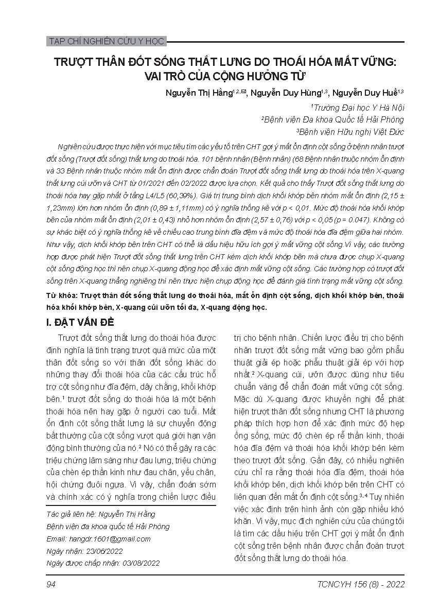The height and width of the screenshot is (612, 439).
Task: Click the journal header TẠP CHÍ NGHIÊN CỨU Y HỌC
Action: [x=106, y=41]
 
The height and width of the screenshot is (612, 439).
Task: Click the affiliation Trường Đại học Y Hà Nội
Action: [x=359, y=107]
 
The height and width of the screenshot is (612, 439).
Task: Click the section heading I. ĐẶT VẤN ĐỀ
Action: [x=80, y=323]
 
